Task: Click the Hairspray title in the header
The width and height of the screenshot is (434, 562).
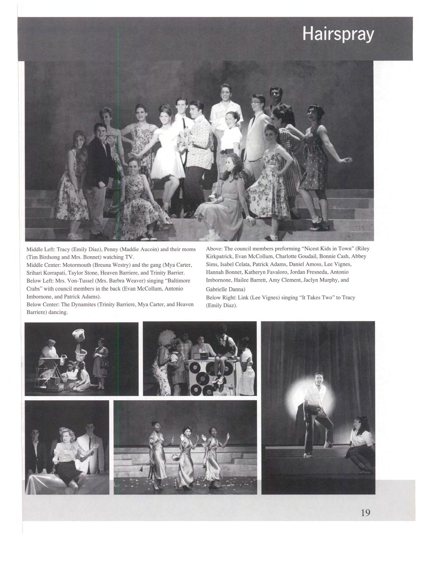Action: click(338, 35)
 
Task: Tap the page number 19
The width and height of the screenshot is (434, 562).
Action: click(365, 513)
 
